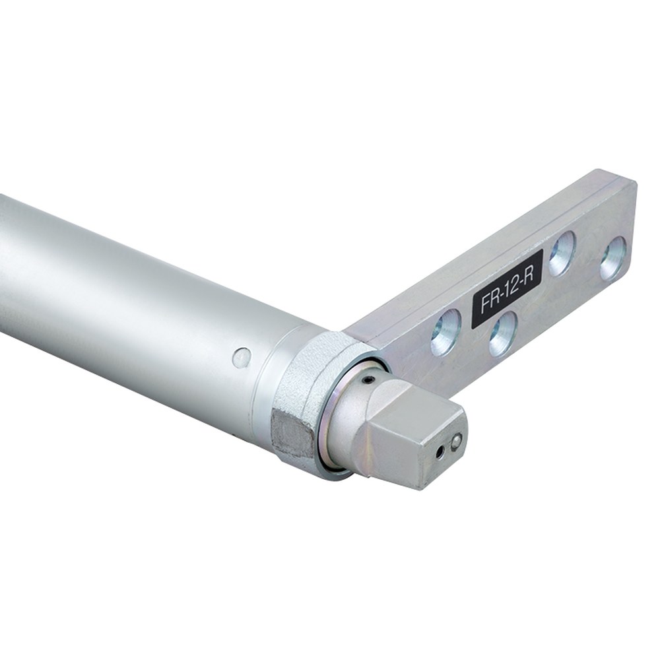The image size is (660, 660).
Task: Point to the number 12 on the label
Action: pyautogui.click(x=511, y=286)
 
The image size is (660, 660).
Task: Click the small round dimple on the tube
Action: pyautogui.click(x=242, y=357)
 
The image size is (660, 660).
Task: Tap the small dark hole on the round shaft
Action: pyautogui.click(x=369, y=379)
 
